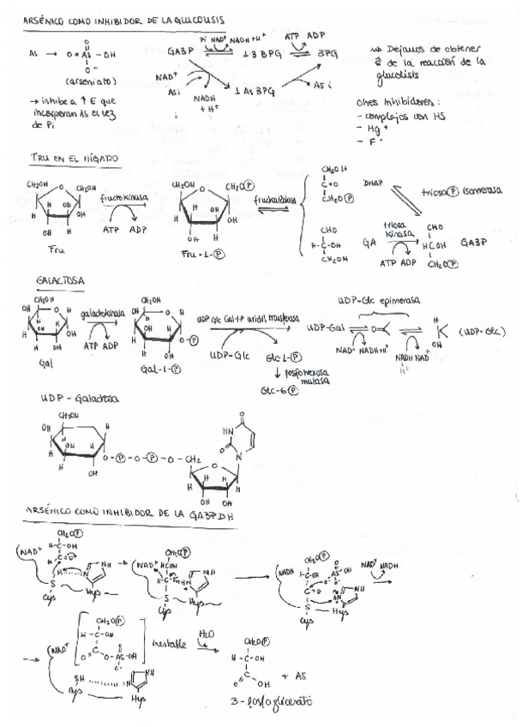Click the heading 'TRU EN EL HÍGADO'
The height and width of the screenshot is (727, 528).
[x=73, y=159]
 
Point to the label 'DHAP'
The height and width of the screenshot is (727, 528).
[x=373, y=183]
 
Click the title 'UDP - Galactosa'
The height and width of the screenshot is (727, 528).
[x=80, y=400]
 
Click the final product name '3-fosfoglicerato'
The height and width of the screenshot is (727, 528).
[x=273, y=701]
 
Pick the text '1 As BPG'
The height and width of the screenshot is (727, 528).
[x=253, y=91]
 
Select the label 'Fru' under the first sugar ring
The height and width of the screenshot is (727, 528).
[x=57, y=248]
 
